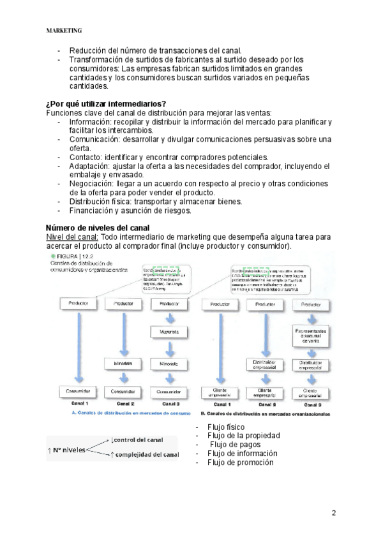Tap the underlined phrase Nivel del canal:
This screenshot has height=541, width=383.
[72, 237]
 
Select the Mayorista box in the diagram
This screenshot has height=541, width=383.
[169, 332]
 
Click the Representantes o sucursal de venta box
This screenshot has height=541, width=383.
[310, 336]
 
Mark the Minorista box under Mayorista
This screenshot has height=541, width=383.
[169, 363]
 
